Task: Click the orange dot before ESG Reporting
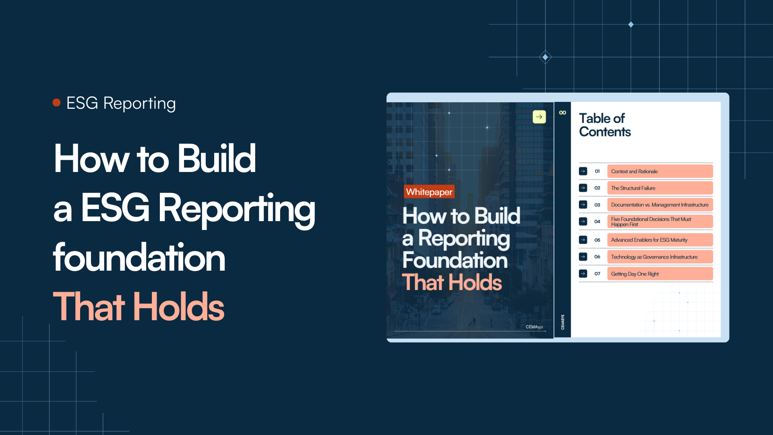56,103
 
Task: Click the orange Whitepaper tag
429,192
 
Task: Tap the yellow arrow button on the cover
539,117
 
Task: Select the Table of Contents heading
605,125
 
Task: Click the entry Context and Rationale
659,171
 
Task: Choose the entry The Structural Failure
659,188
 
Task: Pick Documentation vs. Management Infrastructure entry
659,205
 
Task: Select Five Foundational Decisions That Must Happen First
659,222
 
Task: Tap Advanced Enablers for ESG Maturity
659,240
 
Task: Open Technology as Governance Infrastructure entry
659,257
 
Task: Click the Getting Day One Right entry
659,274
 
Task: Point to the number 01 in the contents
597,171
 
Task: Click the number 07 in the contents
597,274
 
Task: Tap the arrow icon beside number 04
583,222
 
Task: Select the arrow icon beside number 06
583,257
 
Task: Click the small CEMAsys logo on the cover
534,327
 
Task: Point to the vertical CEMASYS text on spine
562,322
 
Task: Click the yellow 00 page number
562,113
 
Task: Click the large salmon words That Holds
138,307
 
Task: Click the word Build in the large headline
217,159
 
